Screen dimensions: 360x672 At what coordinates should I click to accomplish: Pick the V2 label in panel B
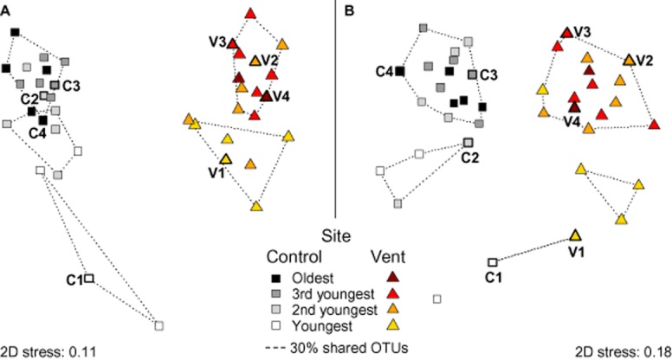click(x=643, y=60)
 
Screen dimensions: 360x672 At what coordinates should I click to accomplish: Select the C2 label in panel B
click(x=471, y=157)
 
